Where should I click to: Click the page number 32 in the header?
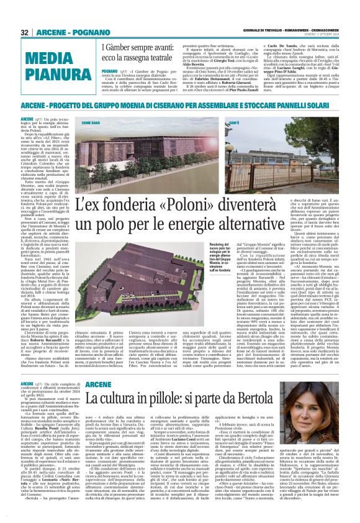(x=24, y=32)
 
